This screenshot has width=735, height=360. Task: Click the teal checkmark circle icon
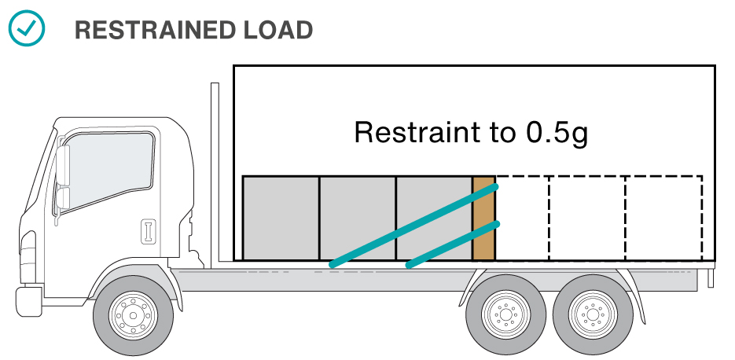point(27,29)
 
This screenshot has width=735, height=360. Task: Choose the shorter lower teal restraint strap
point(452,244)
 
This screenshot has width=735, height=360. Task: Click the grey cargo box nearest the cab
point(281,218)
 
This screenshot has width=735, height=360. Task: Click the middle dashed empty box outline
point(586,218)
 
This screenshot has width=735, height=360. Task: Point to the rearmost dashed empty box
point(663,218)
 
